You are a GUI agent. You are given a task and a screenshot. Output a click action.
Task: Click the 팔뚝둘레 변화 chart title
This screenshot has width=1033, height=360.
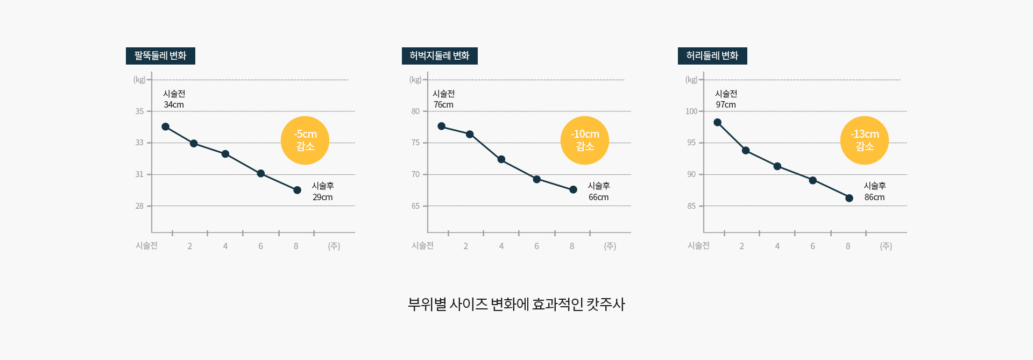point(160,56)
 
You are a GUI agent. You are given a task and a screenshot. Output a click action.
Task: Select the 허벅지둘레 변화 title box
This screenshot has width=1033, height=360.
point(440,56)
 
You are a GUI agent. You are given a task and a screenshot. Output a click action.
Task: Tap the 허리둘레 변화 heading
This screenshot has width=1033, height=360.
point(712,56)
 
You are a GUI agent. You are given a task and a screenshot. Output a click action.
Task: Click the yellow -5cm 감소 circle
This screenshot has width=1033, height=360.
point(305,140)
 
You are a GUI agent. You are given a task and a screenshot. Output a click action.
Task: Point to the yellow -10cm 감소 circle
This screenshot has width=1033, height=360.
point(585,140)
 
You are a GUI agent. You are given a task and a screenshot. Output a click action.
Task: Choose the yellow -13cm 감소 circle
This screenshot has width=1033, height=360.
point(865,140)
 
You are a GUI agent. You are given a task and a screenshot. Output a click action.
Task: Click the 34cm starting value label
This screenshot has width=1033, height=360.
point(174,105)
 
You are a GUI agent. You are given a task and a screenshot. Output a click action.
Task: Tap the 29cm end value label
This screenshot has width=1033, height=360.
point(323,197)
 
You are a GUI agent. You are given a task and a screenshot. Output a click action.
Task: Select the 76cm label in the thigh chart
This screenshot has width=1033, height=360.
point(444,105)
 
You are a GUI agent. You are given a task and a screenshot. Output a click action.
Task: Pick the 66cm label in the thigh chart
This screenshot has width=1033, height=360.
point(599,197)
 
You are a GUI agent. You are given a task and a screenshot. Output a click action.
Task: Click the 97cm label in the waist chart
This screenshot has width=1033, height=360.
point(726,105)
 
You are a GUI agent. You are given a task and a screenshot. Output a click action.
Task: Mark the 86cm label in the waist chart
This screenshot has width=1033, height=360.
point(875,197)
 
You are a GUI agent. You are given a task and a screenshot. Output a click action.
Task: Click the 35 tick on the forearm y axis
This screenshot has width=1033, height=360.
point(140,111)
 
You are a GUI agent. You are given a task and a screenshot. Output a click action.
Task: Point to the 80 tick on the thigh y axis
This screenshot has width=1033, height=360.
point(415,111)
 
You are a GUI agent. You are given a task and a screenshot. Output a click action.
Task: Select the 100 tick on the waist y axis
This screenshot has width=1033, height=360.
point(691,111)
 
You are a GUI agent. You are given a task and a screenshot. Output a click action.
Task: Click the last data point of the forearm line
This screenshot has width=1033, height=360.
point(297,190)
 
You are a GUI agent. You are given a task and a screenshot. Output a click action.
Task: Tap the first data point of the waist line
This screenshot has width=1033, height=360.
point(717,123)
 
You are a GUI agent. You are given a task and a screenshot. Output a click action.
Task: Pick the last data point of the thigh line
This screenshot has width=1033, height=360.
point(573,189)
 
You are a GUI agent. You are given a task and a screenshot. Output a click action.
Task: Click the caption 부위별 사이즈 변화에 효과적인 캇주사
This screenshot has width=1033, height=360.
point(516,305)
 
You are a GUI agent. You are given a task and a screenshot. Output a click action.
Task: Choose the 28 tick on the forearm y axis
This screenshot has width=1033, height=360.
point(140,206)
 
